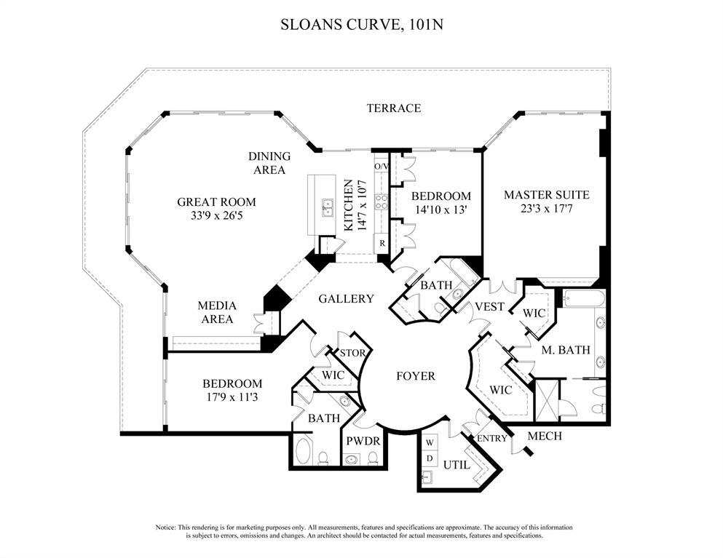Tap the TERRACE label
pos(393,108)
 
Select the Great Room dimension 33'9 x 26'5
pos(217,215)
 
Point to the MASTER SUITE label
pos(546,195)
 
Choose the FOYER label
pos(415,376)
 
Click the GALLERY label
pos(346,298)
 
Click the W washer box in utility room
pos(429,442)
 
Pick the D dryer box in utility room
pos(429,458)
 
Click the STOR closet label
pos(352,354)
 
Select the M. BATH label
pos(565,350)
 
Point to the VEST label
pos(489,307)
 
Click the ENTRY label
pos(491,438)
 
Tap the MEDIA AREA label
pos(216,313)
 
